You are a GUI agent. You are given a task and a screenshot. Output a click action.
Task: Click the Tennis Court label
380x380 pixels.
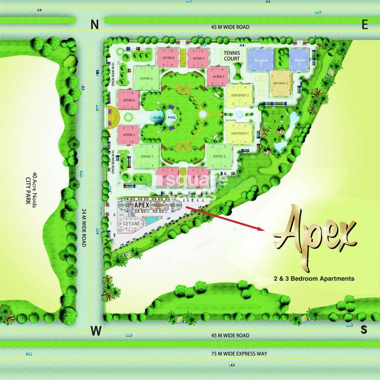[232, 56]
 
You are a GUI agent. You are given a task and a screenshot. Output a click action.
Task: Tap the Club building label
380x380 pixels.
[157, 118]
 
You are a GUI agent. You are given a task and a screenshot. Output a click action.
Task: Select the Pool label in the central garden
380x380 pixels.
[172, 118]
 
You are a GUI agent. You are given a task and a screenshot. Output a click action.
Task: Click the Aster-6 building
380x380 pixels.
[129, 100]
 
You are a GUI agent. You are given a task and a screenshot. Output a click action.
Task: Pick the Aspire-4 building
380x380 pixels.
[146, 78]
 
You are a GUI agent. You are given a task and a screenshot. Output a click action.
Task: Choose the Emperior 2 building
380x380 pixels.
[240, 95]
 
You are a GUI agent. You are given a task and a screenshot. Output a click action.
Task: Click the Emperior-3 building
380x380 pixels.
[281, 83]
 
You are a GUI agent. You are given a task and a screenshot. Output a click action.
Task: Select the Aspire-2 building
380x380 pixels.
[219, 156]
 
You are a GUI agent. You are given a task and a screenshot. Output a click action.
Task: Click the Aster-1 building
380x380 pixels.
[129, 135]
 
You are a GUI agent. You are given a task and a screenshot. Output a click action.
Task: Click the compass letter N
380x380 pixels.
[94, 25]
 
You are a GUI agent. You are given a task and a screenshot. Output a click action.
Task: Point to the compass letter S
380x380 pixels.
[364, 330]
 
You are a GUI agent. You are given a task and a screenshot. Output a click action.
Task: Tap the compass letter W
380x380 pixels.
[96, 331]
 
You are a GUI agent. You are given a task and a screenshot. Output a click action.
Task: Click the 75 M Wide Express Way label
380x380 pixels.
[239, 354]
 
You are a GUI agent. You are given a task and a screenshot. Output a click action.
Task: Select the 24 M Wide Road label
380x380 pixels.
[84, 227]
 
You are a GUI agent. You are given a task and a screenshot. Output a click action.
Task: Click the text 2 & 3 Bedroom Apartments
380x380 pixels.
[314, 278]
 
